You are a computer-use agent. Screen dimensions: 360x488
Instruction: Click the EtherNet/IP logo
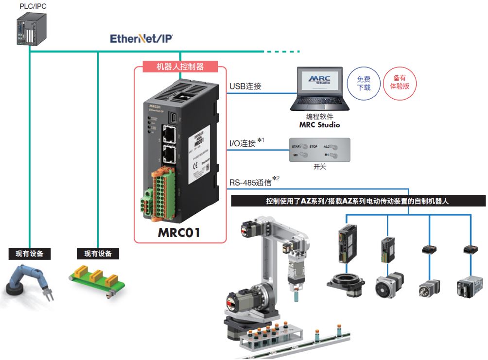click(x=141, y=39)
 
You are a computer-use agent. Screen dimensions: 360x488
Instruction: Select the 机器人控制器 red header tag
click(x=180, y=67)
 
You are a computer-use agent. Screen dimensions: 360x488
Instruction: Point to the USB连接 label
click(x=245, y=86)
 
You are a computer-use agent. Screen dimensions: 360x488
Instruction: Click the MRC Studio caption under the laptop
click(x=319, y=125)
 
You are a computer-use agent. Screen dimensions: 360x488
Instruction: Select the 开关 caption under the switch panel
click(x=320, y=167)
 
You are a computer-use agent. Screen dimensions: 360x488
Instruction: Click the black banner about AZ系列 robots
click(x=358, y=201)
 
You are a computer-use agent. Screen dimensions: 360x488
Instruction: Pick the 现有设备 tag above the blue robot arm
click(x=30, y=254)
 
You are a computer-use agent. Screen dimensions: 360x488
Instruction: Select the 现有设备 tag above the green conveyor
click(x=98, y=254)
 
